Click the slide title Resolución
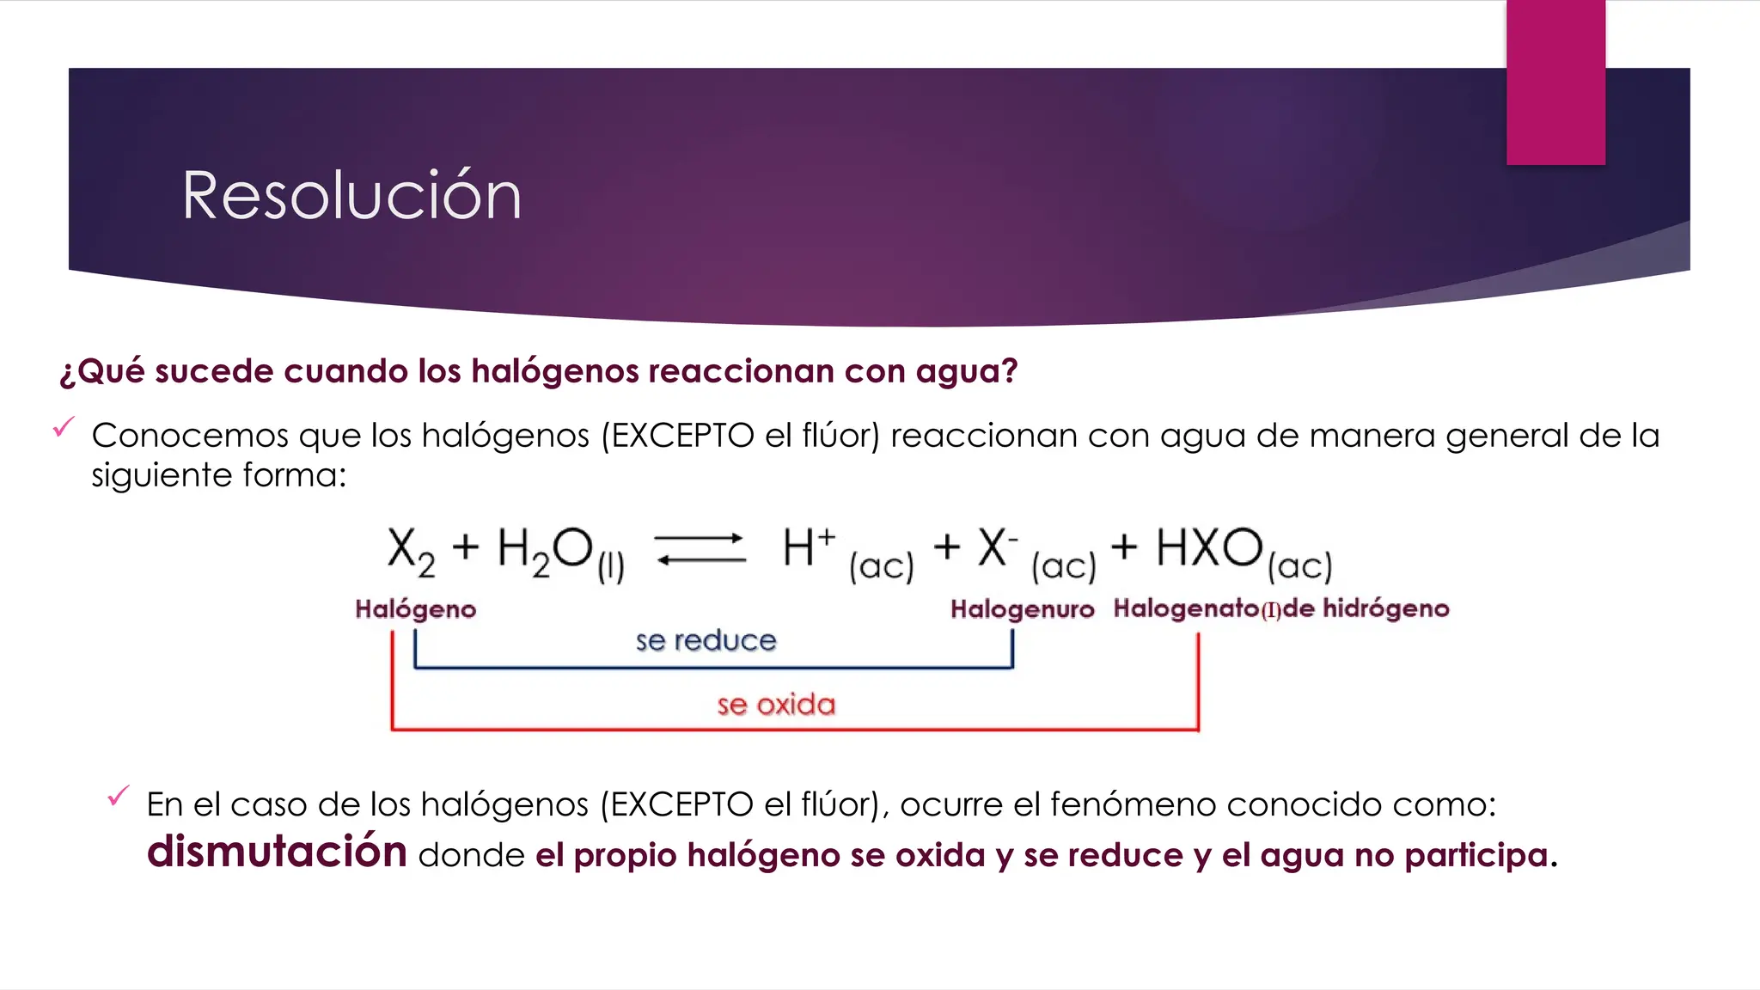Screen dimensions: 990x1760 coord(351,196)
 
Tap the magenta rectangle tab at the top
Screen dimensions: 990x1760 coord(1555,82)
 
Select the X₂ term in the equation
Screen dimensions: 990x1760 coord(411,551)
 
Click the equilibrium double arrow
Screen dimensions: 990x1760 coord(700,549)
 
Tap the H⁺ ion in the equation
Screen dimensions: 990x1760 coord(808,547)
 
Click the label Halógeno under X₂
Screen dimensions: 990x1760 coord(415,609)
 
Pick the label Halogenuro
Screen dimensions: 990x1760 coord(1022,609)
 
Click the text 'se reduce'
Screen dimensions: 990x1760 coord(706,640)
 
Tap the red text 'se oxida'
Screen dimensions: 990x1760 coord(776,705)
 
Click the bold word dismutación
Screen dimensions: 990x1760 coord(277,852)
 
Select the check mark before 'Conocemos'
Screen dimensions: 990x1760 coord(64,426)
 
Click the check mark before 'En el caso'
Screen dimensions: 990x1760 coord(119,796)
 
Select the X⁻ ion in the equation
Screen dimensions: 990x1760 coord(997,547)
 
